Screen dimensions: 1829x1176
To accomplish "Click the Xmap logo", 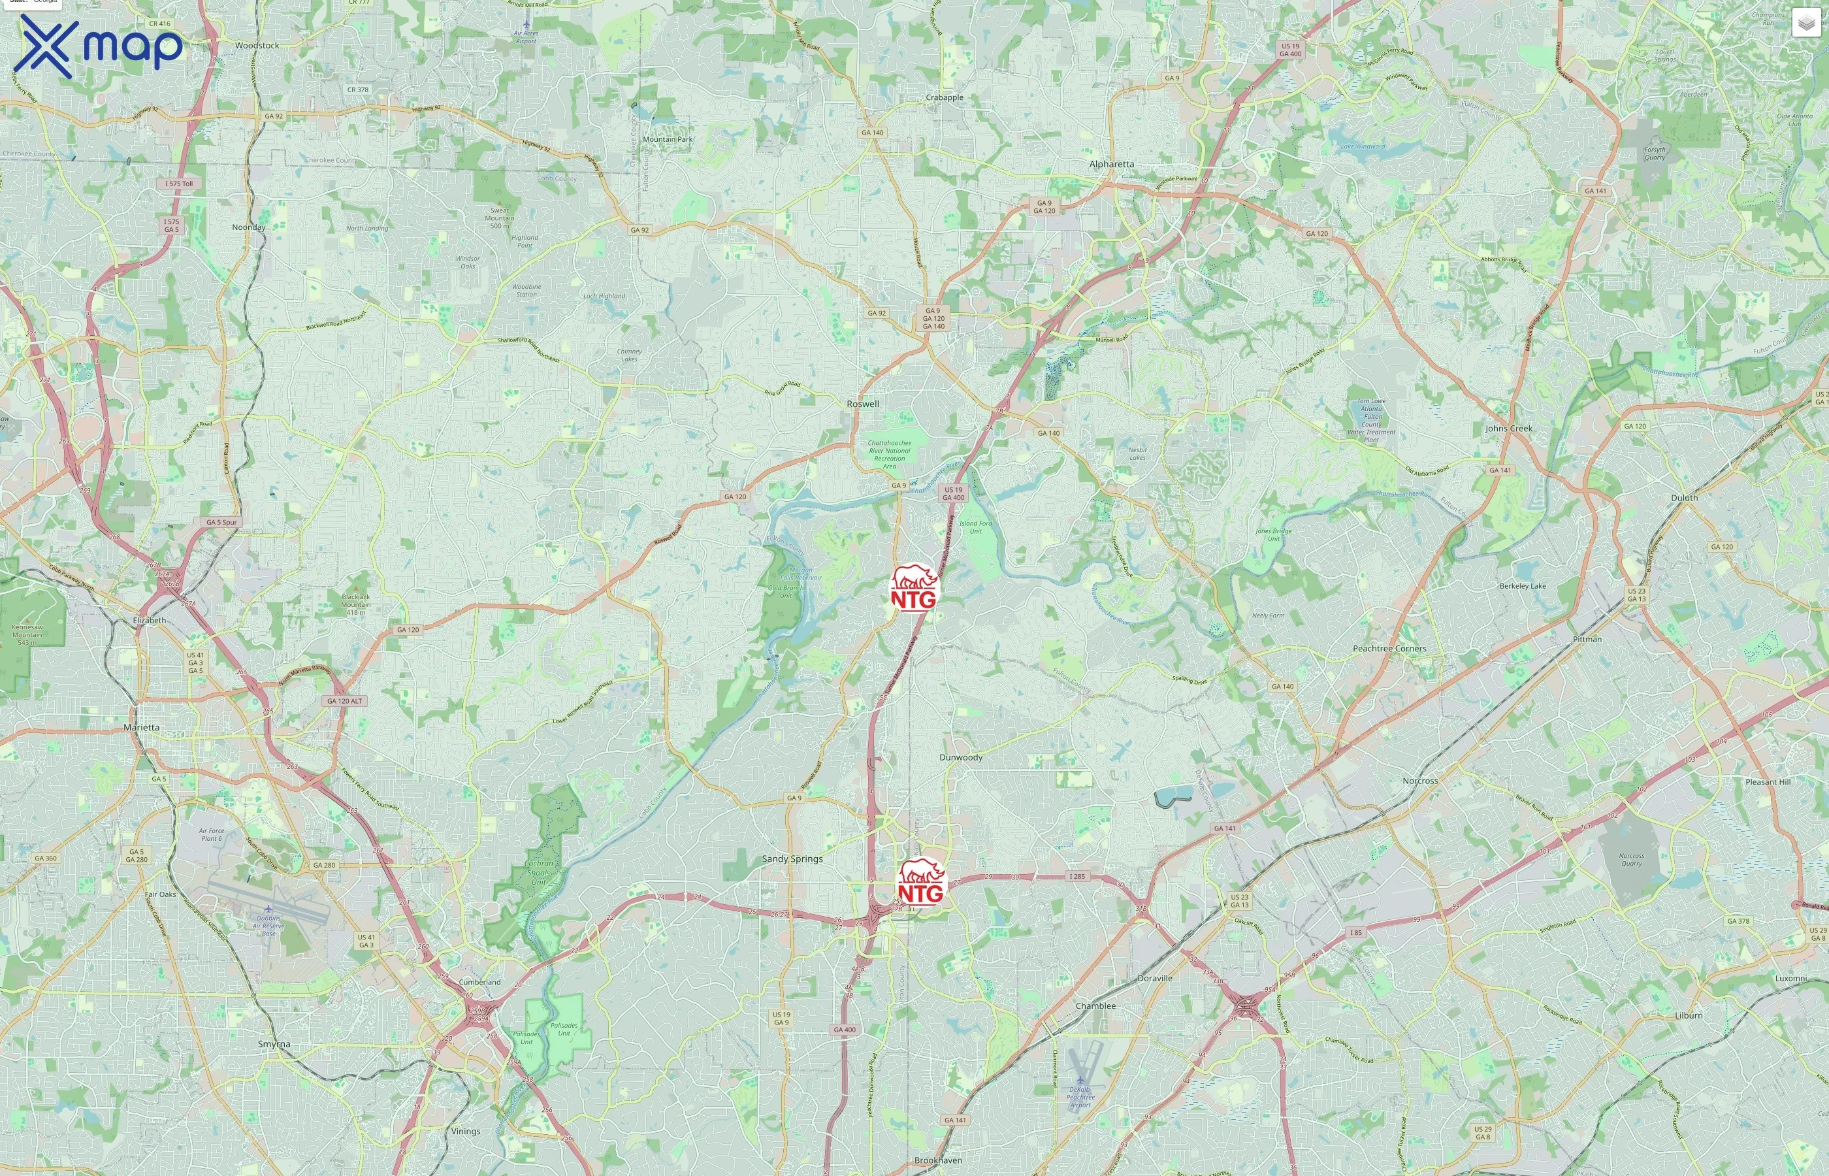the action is point(99,46).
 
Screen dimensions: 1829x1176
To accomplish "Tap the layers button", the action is point(1805,23).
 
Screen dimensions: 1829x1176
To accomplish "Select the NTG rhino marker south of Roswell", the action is point(914,589).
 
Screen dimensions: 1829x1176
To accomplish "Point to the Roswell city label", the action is point(863,404).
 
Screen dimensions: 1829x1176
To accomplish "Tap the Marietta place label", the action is point(141,728).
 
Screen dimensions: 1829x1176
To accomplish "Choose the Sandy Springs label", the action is point(792,859).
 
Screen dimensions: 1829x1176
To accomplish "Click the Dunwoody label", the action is point(960,757).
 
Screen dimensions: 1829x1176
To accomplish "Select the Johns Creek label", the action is point(1508,429).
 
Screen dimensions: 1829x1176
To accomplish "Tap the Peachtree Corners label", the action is point(1389,648).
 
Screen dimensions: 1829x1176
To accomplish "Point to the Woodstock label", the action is point(257,46).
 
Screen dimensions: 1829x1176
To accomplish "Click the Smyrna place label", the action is point(273,1044).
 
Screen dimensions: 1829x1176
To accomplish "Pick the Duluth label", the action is point(1684,498).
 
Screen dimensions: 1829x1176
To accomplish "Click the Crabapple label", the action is point(945,98).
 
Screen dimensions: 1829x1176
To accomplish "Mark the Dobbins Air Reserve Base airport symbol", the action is point(268,909).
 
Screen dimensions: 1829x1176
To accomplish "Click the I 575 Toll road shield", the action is point(180,184).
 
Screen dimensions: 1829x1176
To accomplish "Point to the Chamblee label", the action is point(1095,1005).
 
